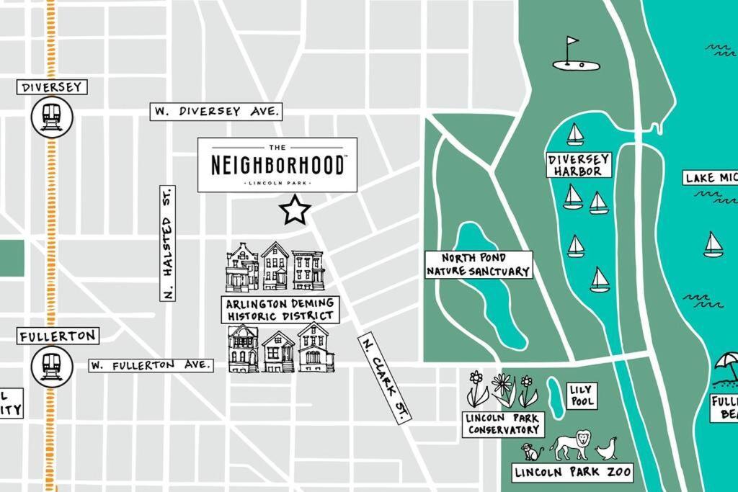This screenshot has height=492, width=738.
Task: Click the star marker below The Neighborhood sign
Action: (x=295, y=210)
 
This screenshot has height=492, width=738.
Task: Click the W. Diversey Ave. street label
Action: (x=216, y=112)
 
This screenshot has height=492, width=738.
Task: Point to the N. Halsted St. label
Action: (x=167, y=243)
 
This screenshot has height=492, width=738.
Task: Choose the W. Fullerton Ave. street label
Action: (x=151, y=365)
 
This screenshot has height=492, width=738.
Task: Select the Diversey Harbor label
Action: (x=579, y=165)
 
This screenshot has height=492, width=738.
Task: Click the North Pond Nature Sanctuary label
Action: (x=479, y=264)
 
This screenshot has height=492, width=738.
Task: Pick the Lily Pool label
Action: (x=580, y=395)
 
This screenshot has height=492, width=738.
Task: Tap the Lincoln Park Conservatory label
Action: (x=503, y=424)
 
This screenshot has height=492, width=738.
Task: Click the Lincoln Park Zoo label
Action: (x=573, y=473)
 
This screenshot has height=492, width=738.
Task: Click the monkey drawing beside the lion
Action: (x=532, y=452)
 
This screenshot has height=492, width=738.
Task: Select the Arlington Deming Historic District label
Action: (x=280, y=310)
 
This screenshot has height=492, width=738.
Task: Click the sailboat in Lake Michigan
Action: (x=713, y=245)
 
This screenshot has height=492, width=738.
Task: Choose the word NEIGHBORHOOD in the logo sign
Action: (x=277, y=165)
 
